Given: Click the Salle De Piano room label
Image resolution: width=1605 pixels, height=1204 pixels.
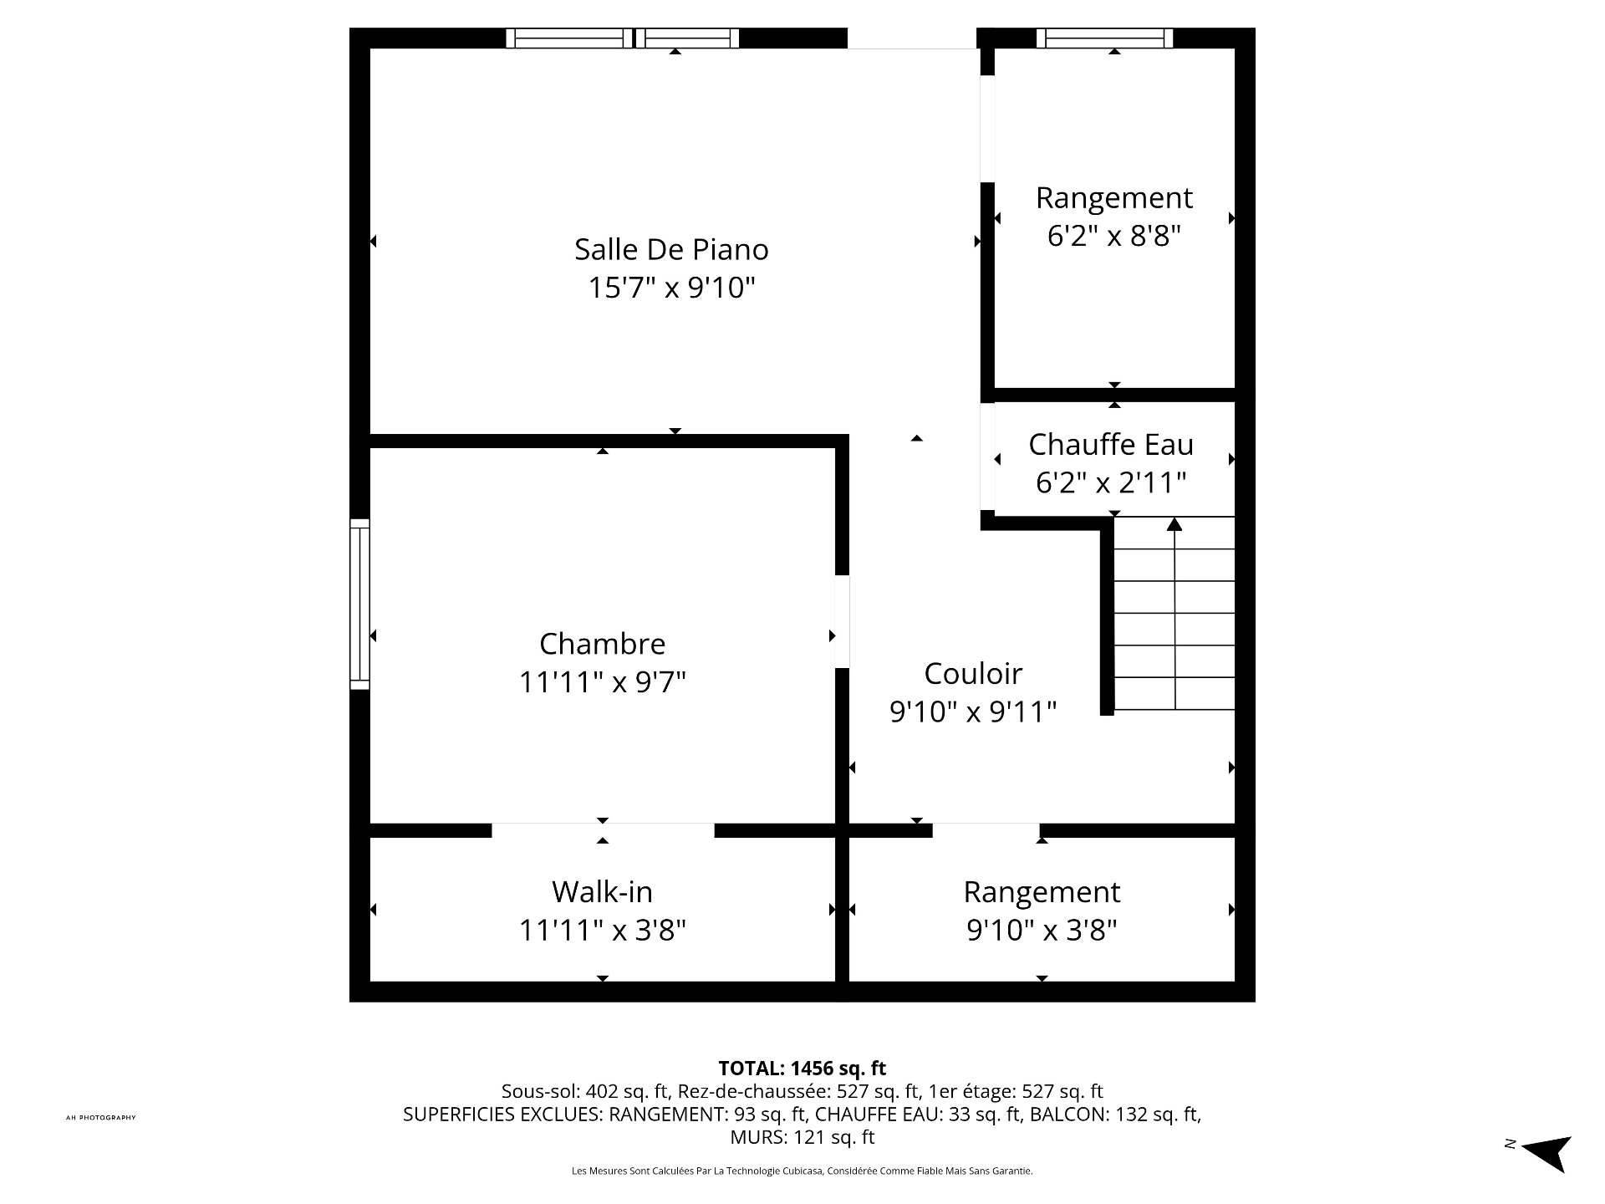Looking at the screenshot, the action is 671,249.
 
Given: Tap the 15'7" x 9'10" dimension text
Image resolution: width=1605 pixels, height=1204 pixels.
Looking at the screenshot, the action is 671,288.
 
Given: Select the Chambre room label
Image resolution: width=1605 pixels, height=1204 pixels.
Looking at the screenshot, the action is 602,644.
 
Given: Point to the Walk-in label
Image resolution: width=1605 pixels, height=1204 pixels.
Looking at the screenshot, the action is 602,891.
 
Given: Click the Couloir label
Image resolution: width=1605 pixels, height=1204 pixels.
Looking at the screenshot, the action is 973,673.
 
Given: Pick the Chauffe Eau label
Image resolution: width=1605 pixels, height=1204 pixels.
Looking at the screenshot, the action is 1111,444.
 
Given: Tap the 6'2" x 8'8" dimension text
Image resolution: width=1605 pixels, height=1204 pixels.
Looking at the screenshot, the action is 1113,236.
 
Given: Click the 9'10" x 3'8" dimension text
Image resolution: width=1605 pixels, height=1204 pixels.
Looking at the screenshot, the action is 1042,930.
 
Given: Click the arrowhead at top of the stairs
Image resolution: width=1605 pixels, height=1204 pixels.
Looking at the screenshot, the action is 1174,523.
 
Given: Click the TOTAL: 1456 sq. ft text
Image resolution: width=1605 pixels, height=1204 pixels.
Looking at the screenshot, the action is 802,1069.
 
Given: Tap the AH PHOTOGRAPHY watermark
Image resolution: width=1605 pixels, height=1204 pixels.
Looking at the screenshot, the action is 101,1118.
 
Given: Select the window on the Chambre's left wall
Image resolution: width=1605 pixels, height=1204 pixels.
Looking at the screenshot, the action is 359,604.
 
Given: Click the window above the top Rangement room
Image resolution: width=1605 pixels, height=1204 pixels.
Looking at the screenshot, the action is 1104,38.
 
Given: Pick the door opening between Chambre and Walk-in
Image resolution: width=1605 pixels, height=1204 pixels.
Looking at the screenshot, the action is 603,830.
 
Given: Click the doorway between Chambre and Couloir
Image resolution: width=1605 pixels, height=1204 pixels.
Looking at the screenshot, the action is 843,621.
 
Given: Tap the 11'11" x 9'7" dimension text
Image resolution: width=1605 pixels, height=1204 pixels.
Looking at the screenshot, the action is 602,682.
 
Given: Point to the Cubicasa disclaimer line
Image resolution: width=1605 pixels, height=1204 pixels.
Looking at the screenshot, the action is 802,1171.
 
